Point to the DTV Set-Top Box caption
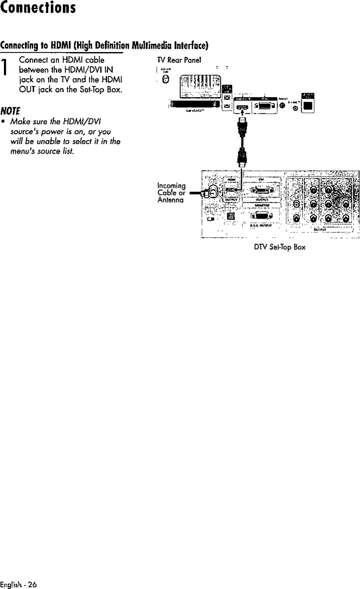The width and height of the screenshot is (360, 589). click(x=280, y=248)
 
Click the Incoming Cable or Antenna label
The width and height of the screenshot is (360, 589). click(x=171, y=193)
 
